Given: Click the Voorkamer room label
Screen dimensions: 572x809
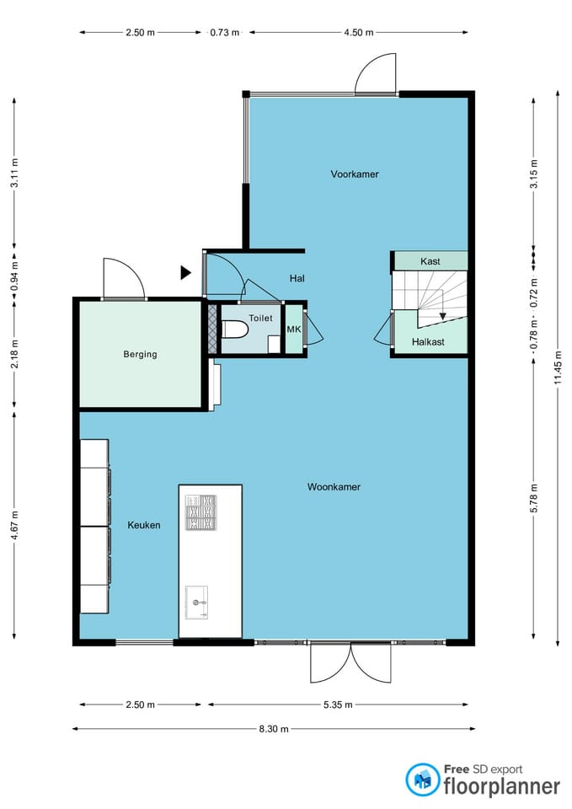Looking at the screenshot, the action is click(355, 174).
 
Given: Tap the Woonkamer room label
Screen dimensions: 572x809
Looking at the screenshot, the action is click(334, 486).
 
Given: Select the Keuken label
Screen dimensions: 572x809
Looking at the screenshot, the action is click(144, 525).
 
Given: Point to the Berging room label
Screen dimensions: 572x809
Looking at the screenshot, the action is click(140, 354).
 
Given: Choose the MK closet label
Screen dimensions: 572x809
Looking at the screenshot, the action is click(293, 329).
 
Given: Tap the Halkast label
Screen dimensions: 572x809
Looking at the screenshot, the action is click(428, 341).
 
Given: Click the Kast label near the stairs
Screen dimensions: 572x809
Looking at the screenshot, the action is click(430, 261).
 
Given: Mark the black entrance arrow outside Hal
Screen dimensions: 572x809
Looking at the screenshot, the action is click(185, 272).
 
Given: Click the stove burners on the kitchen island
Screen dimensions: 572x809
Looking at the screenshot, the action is click(201, 512).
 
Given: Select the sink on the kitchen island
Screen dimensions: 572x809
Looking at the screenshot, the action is click(196, 602).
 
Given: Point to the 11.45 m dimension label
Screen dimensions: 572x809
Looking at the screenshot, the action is click(558, 368).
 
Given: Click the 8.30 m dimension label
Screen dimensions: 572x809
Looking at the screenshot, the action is click(274, 729).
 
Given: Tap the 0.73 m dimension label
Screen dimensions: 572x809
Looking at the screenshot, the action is click(225, 33).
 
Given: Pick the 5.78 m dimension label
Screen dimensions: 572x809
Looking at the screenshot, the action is click(534, 498).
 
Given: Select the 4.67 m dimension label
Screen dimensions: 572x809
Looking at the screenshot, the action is click(14, 525).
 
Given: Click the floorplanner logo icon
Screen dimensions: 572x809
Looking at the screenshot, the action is click(423, 780).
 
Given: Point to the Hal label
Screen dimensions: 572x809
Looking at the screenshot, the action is click(297, 279).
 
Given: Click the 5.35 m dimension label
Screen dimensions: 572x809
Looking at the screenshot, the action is click(338, 705).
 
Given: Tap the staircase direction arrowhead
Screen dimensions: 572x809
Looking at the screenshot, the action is click(442, 316).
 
